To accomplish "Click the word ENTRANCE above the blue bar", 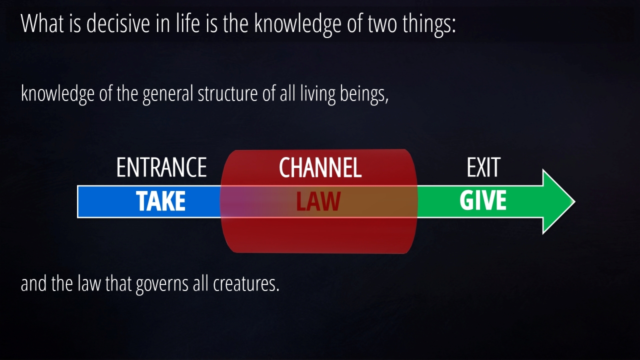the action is pos(161,167).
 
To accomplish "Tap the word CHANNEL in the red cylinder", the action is pos(320,167).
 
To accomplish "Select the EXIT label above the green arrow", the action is pos(483,167).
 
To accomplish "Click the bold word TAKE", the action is pos(160,201).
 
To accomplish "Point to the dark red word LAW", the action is pos(318,201).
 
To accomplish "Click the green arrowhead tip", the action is pos(575,201).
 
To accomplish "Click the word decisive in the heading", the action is pos(118,23).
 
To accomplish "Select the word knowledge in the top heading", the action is pos(297,24).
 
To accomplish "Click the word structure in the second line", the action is pos(227,93).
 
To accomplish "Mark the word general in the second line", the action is pos(168,95).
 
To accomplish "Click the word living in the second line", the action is pos(317,95).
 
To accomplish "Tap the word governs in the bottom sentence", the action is pos(162,284).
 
